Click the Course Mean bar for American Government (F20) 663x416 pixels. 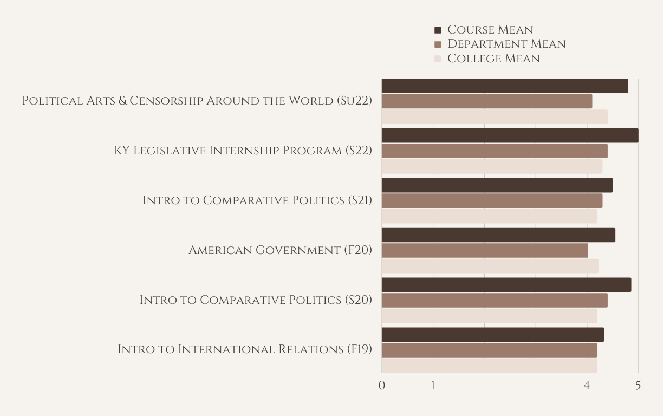pyautogui.click(x=498, y=235)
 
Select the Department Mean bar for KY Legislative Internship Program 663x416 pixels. pyautogui.click(x=495, y=151)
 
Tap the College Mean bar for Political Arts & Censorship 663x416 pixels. pyautogui.click(x=495, y=117)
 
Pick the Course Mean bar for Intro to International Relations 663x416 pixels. pyautogui.click(x=493, y=335)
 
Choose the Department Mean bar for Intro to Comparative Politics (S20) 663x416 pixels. pyautogui.click(x=495, y=301)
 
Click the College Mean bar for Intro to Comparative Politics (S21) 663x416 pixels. pyautogui.click(x=490, y=217)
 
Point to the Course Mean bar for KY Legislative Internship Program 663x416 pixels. pyautogui.click(x=510, y=135)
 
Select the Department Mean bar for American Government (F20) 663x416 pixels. pyautogui.click(x=485, y=251)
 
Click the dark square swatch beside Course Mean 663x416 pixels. pyautogui.click(x=438, y=30)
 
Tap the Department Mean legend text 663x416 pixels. pyautogui.click(x=506, y=44)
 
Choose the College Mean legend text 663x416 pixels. pyautogui.click(x=493, y=58)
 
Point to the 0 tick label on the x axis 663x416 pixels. pyautogui.click(x=382, y=386)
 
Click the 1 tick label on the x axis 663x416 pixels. pyautogui.click(x=433, y=386)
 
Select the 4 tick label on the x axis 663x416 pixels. pyautogui.click(x=587, y=386)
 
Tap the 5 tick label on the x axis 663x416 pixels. pyautogui.click(x=638, y=386)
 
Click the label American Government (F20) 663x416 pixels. pyautogui.click(x=280, y=250)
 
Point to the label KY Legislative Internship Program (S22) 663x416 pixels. pyautogui.click(x=243, y=151)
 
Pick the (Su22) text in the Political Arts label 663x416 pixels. pyautogui.click(x=354, y=101)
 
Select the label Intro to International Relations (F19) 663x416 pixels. pyautogui.click(x=245, y=349)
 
